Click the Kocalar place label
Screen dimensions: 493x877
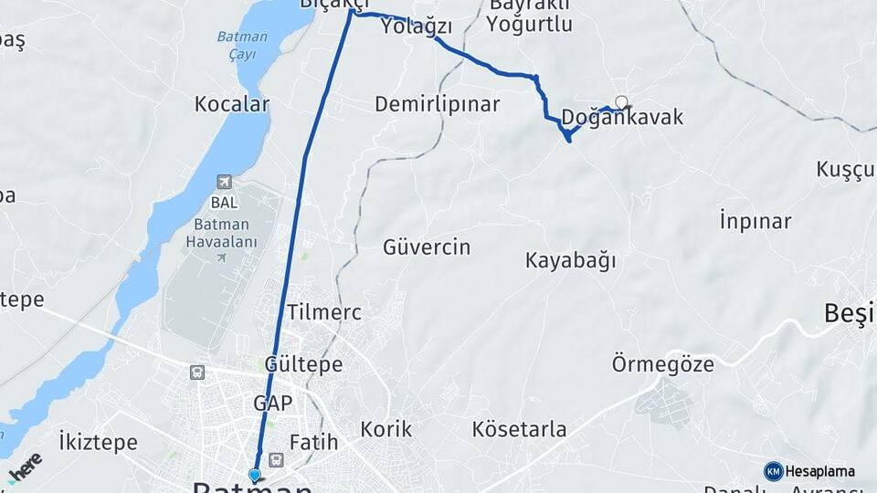click(x=232, y=104)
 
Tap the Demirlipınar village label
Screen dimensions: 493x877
click(x=438, y=104)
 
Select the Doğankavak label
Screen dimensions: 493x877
click(x=622, y=118)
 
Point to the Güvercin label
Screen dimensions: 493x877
click(x=427, y=246)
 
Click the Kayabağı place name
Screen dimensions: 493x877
click(x=570, y=260)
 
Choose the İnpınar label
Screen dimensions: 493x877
click(x=755, y=221)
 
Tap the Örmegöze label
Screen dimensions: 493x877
click(x=662, y=364)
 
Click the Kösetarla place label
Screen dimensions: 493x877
click(x=519, y=429)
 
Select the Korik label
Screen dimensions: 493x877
click(x=386, y=429)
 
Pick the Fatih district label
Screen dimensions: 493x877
click(x=313, y=443)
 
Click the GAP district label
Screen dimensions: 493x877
click(x=273, y=403)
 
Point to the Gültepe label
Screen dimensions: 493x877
click(x=303, y=364)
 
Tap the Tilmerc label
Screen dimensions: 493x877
click(x=324, y=312)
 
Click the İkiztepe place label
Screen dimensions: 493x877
click(x=98, y=443)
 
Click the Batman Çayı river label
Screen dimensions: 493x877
click(x=242, y=45)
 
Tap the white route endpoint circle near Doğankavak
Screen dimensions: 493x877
click(x=622, y=102)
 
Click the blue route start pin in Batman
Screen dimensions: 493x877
click(x=255, y=475)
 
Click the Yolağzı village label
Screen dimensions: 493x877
click(x=417, y=26)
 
